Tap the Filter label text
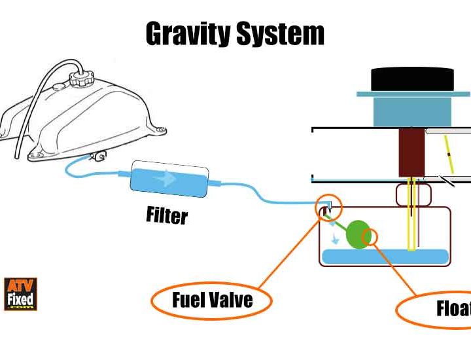[166, 214]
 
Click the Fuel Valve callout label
[212, 300]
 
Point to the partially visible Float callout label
[451, 308]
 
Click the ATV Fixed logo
[20, 294]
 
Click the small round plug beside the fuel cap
[58, 85]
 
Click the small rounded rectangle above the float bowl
[412, 194]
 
